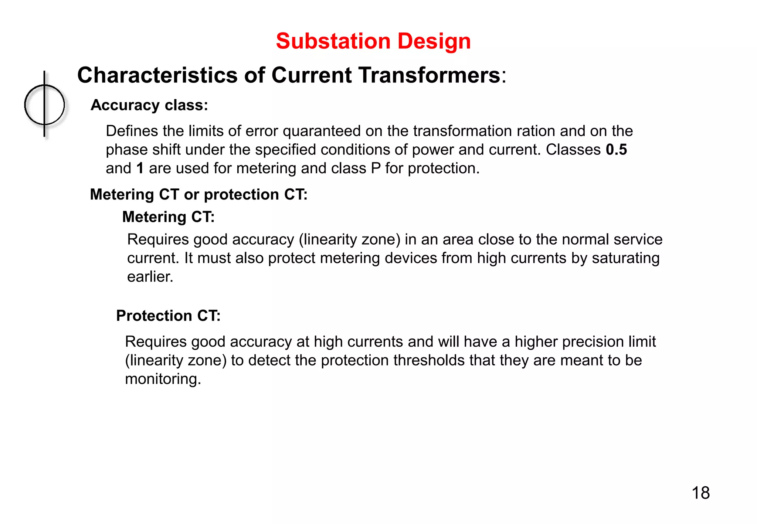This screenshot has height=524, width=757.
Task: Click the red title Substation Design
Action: click(373, 41)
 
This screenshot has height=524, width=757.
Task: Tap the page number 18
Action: click(700, 493)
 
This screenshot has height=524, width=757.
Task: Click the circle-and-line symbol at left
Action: click(44, 105)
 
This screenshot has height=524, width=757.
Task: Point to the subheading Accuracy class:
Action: click(149, 105)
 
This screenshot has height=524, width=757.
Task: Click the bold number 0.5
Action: click(616, 150)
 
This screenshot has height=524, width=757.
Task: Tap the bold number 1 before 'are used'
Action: click(140, 169)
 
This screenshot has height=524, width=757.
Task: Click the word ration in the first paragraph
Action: click(536, 131)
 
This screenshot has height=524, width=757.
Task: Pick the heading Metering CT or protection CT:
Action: click(198, 195)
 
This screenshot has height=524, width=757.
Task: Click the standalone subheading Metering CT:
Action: click(168, 217)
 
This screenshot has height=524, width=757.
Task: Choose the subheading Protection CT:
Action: click(168, 316)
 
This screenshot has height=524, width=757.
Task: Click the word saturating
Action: click(625, 258)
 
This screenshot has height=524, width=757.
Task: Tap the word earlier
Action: click(150, 277)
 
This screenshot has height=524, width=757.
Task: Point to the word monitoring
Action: click(163, 379)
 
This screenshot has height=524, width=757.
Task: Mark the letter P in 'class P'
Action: click(376, 169)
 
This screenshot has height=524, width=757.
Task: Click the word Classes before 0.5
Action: click(573, 150)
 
